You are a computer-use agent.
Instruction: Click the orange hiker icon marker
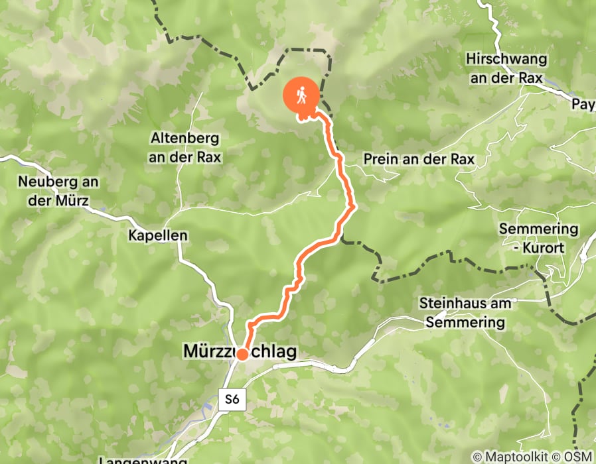click(301, 96)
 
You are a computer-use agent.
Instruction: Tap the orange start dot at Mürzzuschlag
click(242, 355)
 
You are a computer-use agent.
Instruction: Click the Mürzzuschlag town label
click(240, 353)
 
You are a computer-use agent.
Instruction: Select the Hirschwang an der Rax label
click(506, 69)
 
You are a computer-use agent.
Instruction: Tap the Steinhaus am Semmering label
click(466, 313)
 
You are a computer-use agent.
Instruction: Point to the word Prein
click(379, 160)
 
